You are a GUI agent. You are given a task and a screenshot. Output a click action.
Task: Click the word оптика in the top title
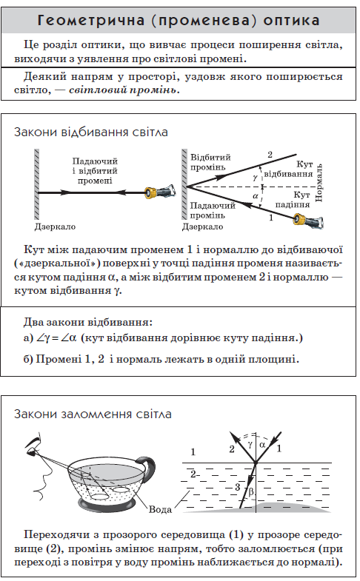[291, 21]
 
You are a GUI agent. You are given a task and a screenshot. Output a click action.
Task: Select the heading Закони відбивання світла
[91, 132]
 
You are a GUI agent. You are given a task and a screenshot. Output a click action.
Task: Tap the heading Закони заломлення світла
[93, 414]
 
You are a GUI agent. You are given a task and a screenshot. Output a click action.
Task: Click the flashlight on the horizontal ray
[160, 192]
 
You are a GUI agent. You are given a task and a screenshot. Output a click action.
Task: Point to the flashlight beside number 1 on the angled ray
[308, 220]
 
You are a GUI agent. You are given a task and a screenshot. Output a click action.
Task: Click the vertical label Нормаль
[319, 183]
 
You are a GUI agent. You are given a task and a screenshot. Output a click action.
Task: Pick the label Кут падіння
[292, 200]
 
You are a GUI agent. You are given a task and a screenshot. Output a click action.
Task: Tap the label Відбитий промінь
[210, 162]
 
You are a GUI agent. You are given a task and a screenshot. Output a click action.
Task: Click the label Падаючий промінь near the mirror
[213, 210]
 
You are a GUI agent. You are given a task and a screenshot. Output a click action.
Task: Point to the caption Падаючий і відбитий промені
[95, 171]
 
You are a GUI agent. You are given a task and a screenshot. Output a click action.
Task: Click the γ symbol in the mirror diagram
[255, 178]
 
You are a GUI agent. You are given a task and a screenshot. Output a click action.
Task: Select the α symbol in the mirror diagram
[255, 195]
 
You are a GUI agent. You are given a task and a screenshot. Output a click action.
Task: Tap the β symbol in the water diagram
[251, 491]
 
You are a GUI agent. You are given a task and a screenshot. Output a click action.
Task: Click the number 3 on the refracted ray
[238, 487]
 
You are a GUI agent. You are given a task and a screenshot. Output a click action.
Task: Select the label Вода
[160, 509]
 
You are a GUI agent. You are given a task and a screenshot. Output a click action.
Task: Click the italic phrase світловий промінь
[124, 90]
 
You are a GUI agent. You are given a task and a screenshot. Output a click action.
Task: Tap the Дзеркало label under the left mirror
[55, 226]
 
